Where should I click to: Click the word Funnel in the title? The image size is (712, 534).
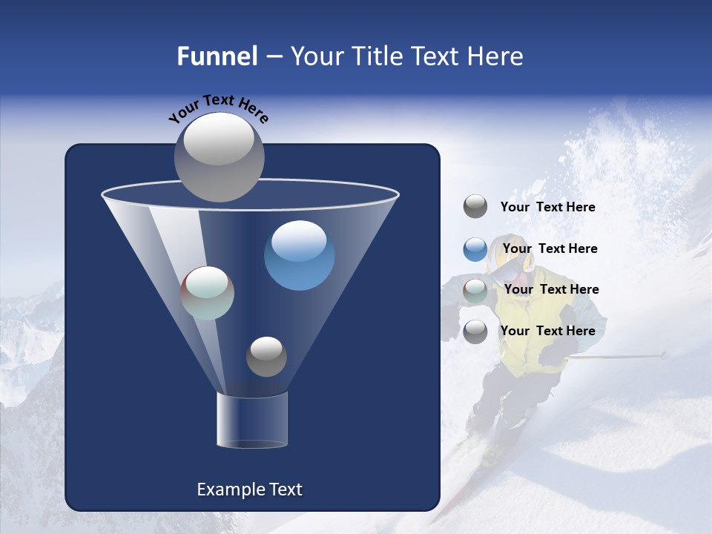[x=217, y=56]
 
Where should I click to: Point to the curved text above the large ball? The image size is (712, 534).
[x=218, y=108]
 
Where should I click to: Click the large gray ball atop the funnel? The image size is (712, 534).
[x=219, y=156]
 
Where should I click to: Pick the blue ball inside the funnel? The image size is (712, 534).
[x=299, y=255]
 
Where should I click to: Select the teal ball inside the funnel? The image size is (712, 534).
[x=208, y=293]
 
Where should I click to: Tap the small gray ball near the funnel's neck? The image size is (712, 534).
[x=266, y=356]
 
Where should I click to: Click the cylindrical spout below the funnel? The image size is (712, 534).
[x=251, y=421]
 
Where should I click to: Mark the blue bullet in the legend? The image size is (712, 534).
[x=475, y=249]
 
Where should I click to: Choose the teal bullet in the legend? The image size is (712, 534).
[x=475, y=291]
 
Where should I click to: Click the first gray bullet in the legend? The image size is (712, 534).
[x=475, y=207]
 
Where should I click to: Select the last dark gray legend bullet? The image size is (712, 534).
[x=475, y=332]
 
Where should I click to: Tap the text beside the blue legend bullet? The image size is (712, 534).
[x=550, y=248]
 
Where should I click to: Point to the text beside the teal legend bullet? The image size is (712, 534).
[x=551, y=289]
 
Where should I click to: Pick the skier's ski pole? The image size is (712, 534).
[x=616, y=356]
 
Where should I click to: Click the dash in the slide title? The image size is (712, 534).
[x=273, y=57]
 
